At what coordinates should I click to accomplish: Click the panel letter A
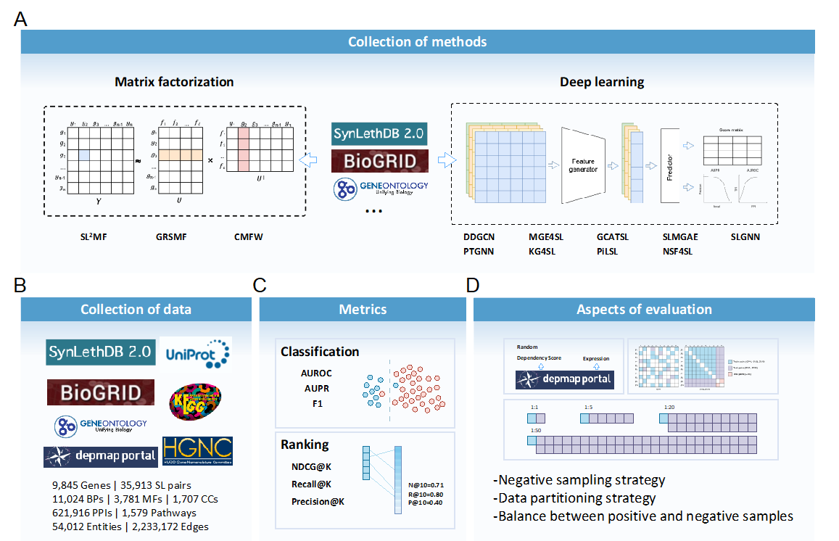21,18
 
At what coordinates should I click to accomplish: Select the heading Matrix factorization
174,82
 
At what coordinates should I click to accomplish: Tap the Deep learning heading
602,82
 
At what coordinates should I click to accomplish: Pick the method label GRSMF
173,236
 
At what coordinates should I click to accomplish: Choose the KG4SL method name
545,252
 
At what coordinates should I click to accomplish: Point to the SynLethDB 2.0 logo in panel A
379,133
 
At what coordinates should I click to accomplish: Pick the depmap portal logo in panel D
563,379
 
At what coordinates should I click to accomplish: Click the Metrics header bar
363,310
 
